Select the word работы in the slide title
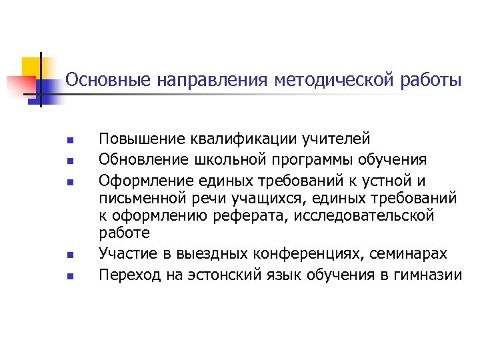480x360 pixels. [x=432, y=81]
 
